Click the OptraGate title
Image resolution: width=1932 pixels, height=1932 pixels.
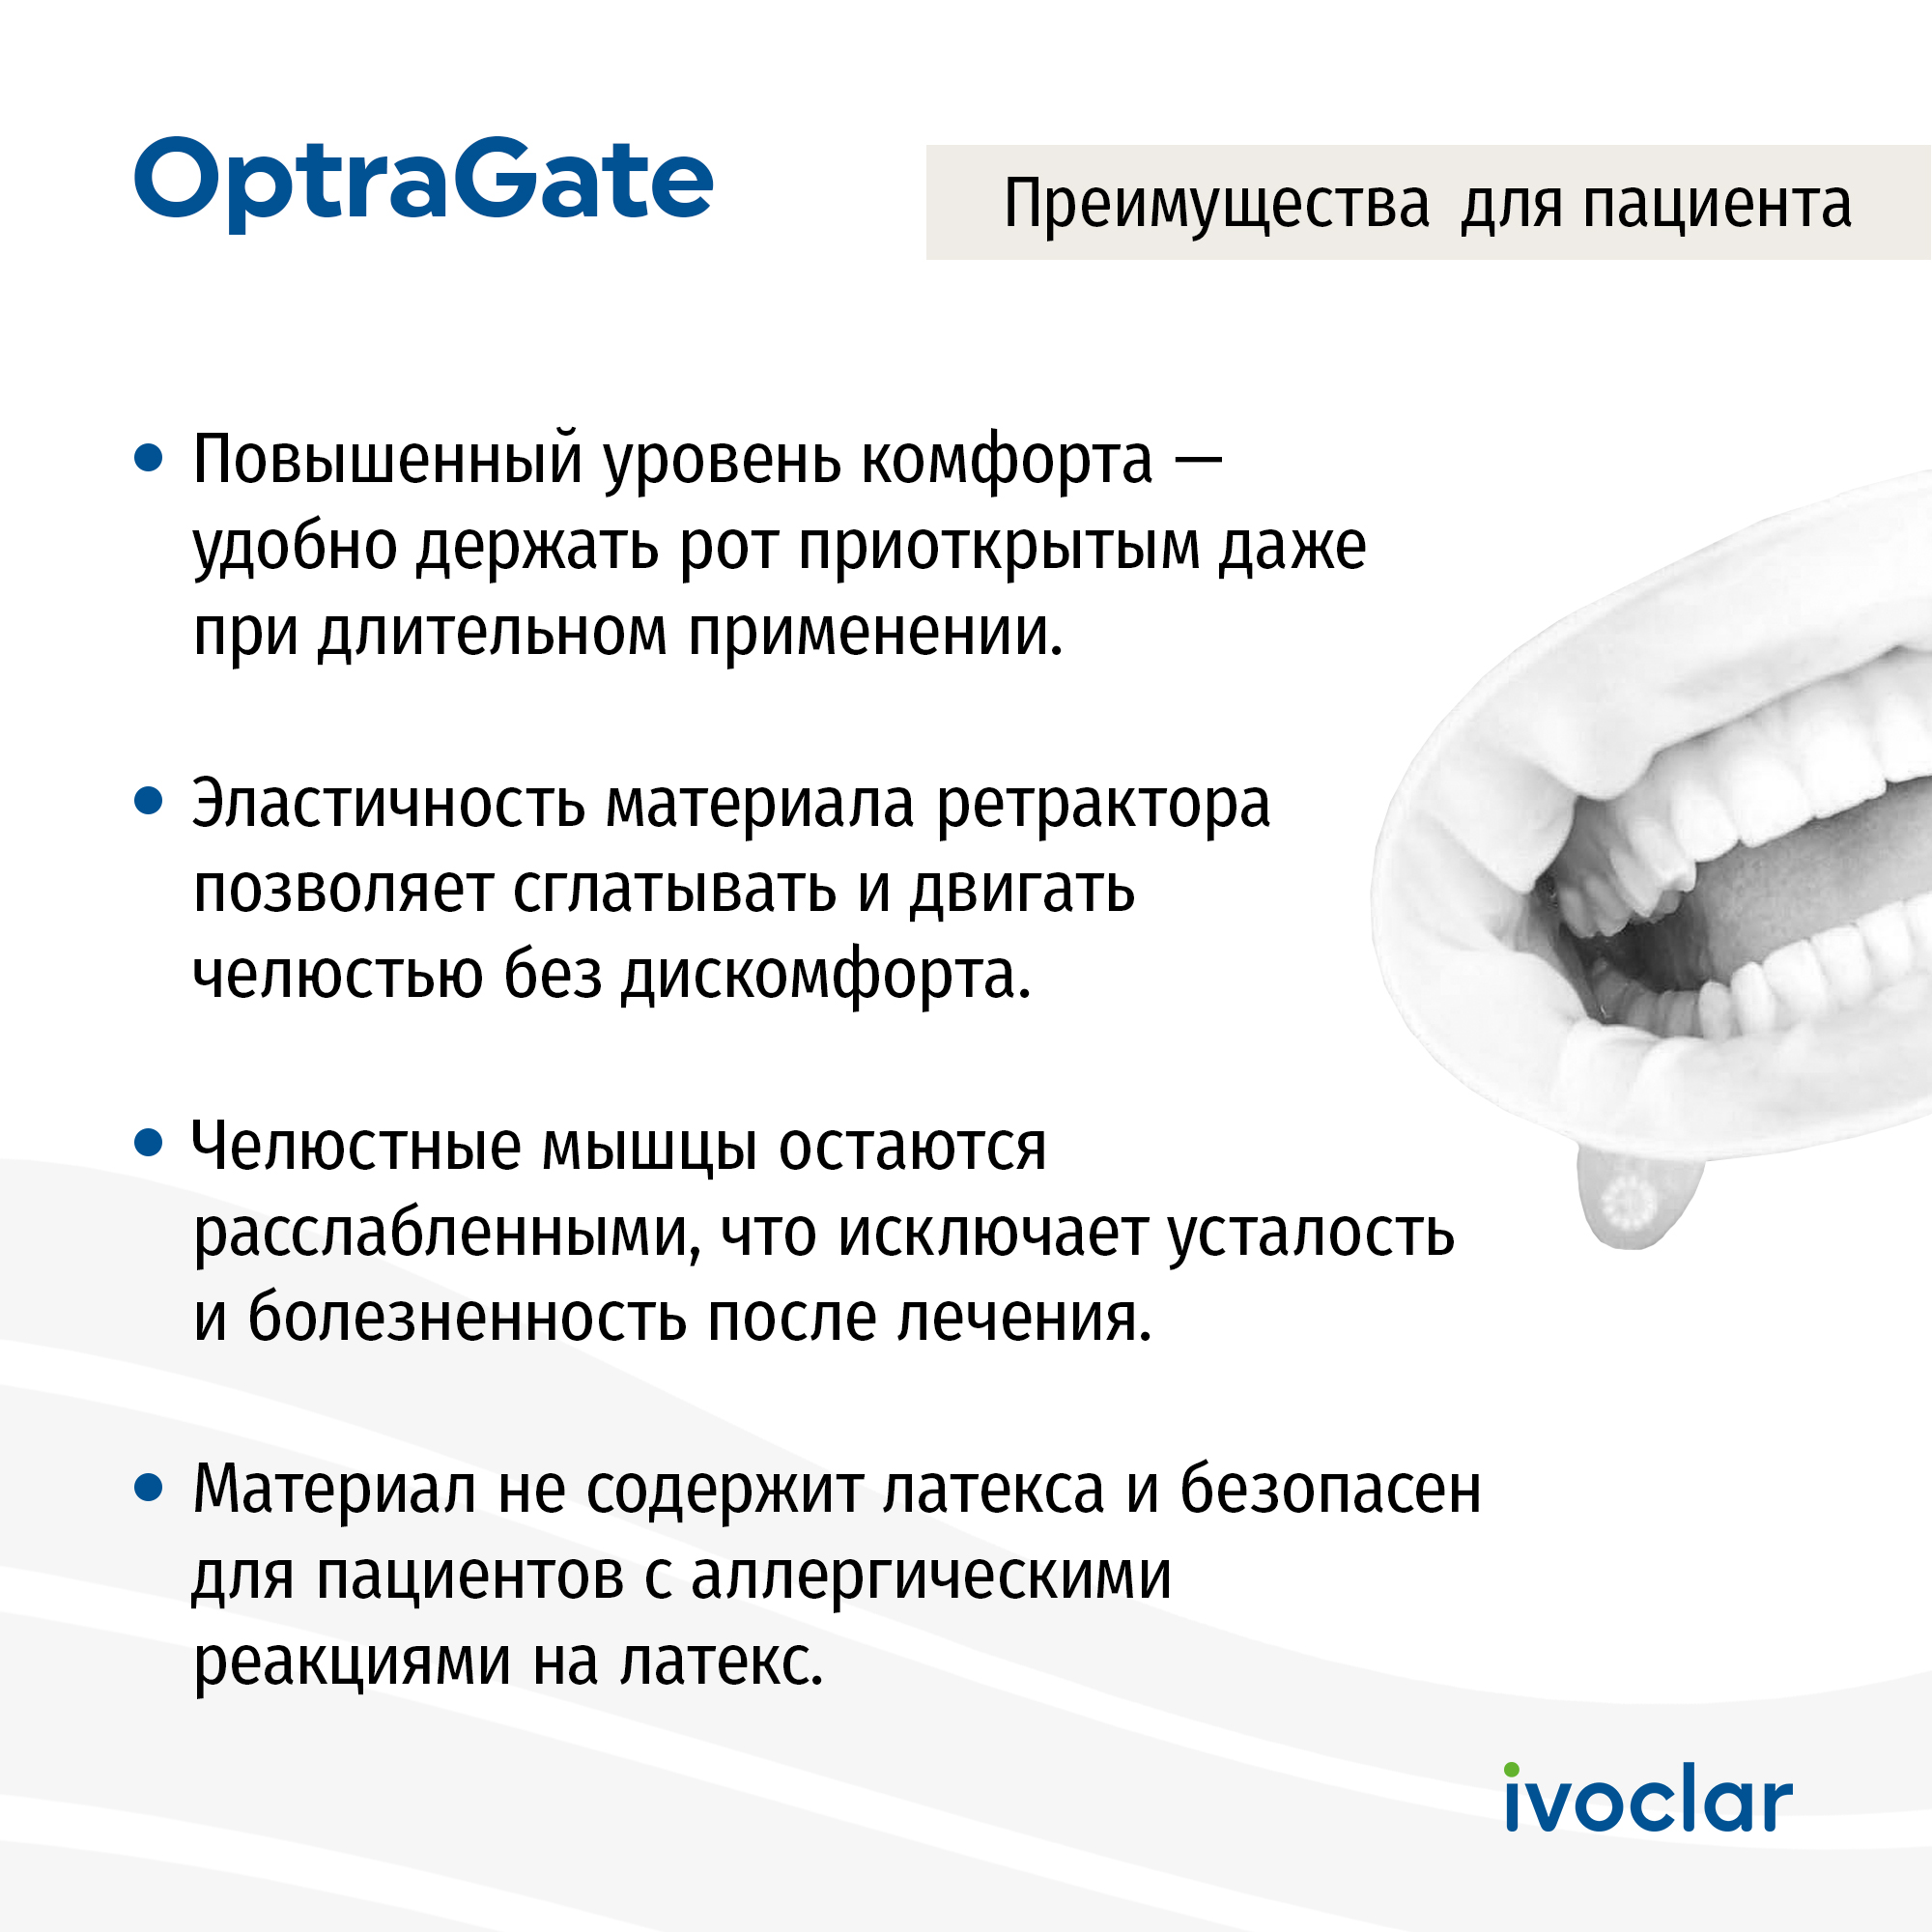[423, 182]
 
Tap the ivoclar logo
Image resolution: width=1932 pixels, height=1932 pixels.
[1648, 1797]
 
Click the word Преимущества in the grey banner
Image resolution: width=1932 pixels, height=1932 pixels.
[1216, 205]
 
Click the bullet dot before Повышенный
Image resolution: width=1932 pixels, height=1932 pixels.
[148, 458]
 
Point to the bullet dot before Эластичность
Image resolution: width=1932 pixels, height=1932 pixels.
[148, 802]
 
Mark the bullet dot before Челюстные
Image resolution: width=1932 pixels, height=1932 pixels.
[148, 1144]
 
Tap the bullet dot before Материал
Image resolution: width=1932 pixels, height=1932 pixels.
[148, 1488]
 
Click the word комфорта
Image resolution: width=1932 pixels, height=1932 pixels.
[1007, 462]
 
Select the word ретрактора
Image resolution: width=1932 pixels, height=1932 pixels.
[1103, 805]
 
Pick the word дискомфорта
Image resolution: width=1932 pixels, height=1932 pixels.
[826, 975]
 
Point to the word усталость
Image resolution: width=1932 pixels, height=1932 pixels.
[1312, 1233]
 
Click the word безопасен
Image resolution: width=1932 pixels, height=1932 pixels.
[1330, 1489]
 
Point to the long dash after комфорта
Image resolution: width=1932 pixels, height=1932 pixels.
[1198, 460]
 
